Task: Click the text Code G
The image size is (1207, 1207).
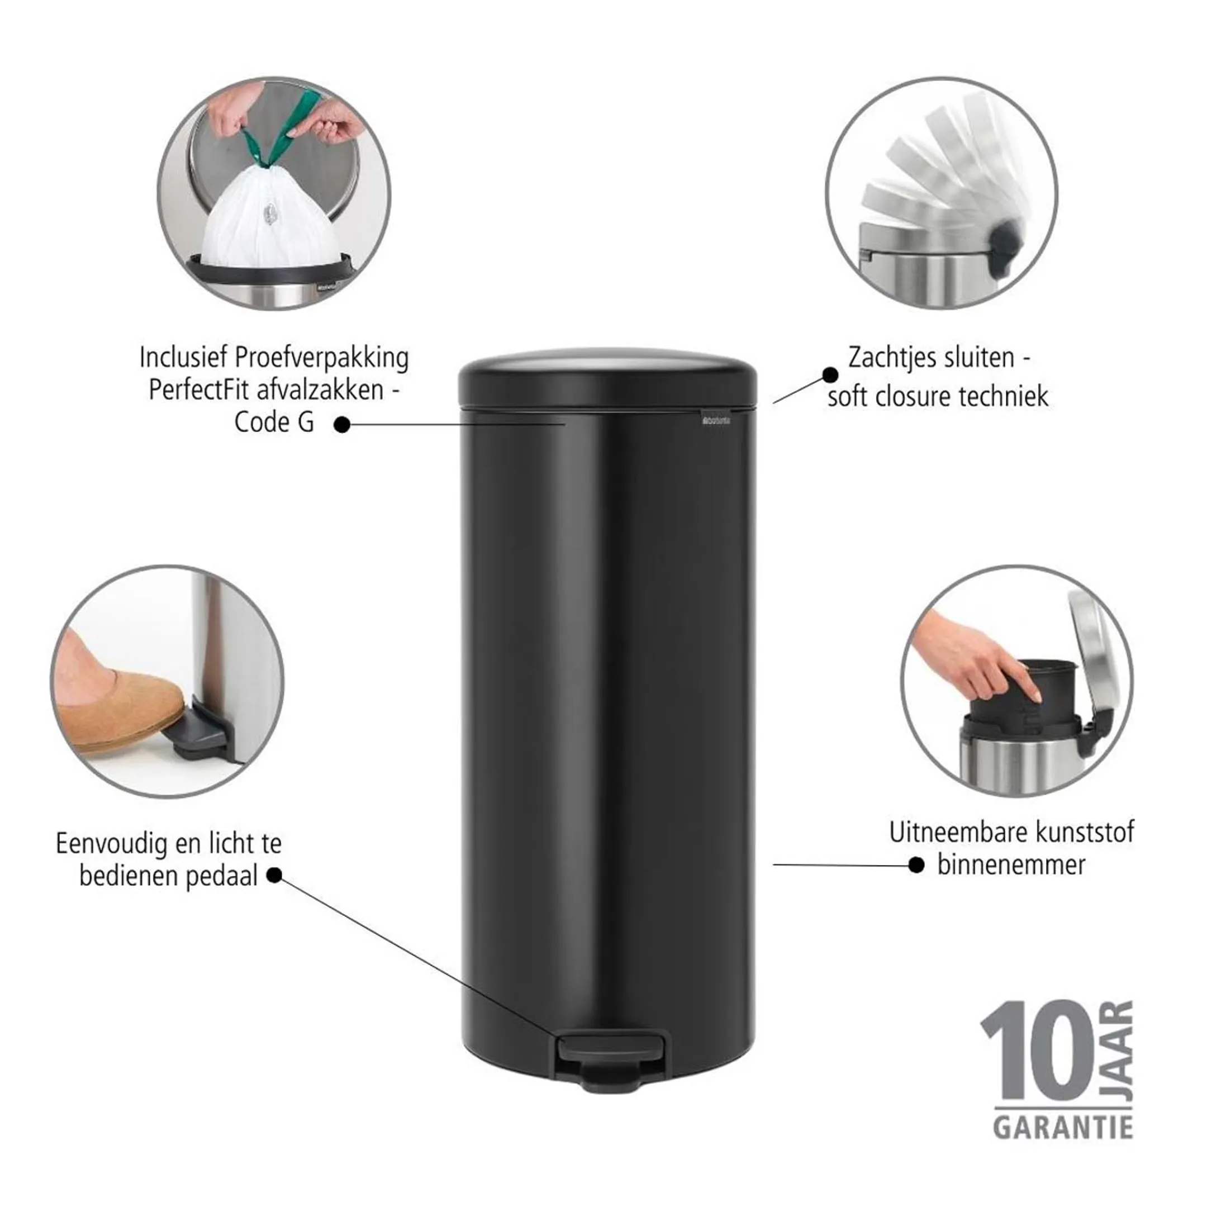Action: pos(274,423)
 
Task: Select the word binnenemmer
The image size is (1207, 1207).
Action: pos(1011,865)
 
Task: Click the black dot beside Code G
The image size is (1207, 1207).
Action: pos(341,425)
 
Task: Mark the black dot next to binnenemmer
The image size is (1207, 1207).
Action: pos(916,865)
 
